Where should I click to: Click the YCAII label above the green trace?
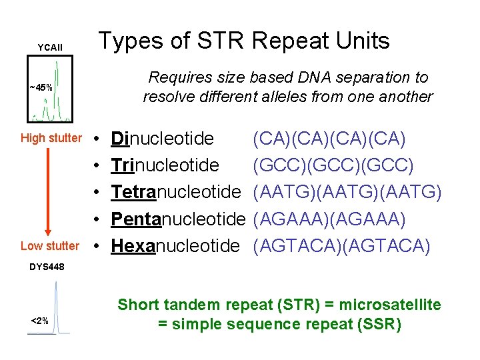[50, 47]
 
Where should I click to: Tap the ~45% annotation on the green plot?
[41, 87]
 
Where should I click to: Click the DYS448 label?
[47, 267]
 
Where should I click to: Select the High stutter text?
[51, 138]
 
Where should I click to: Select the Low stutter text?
[49, 246]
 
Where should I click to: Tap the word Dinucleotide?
[163, 139]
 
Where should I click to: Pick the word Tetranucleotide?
[175, 192]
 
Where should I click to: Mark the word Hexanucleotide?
[175, 246]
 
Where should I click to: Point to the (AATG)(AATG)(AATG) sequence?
[347, 192]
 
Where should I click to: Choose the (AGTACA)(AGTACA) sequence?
[341, 246]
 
